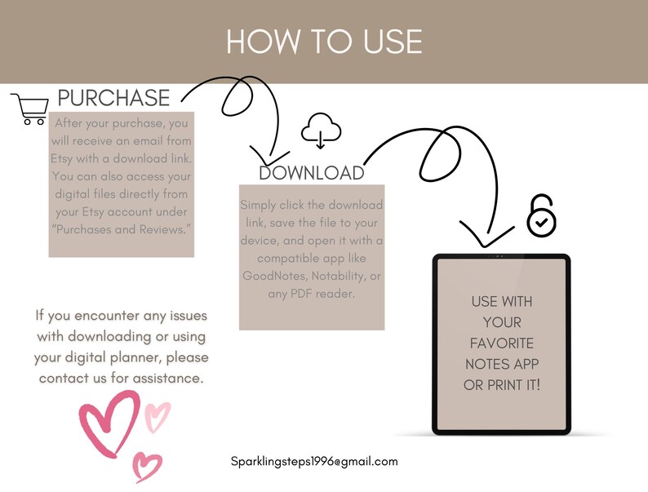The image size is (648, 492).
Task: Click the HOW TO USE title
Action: click(324, 41)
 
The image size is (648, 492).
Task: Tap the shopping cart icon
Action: click(29, 109)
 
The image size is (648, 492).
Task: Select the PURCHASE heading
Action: click(113, 98)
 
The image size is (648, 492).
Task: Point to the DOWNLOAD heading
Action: click(311, 173)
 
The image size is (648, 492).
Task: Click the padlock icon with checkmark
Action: click(540, 215)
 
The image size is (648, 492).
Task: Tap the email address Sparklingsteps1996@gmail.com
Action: click(314, 461)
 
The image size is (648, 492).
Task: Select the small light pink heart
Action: click(157, 415)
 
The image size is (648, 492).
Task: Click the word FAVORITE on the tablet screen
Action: click(501, 343)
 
